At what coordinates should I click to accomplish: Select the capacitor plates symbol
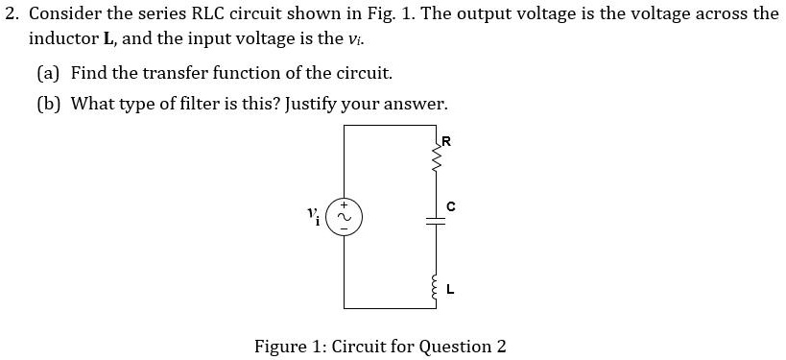(x=437, y=220)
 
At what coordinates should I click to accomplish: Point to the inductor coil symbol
(x=437, y=283)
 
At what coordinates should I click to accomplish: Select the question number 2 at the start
(x=10, y=14)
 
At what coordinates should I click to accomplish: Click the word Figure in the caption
(x=281, y=346)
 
